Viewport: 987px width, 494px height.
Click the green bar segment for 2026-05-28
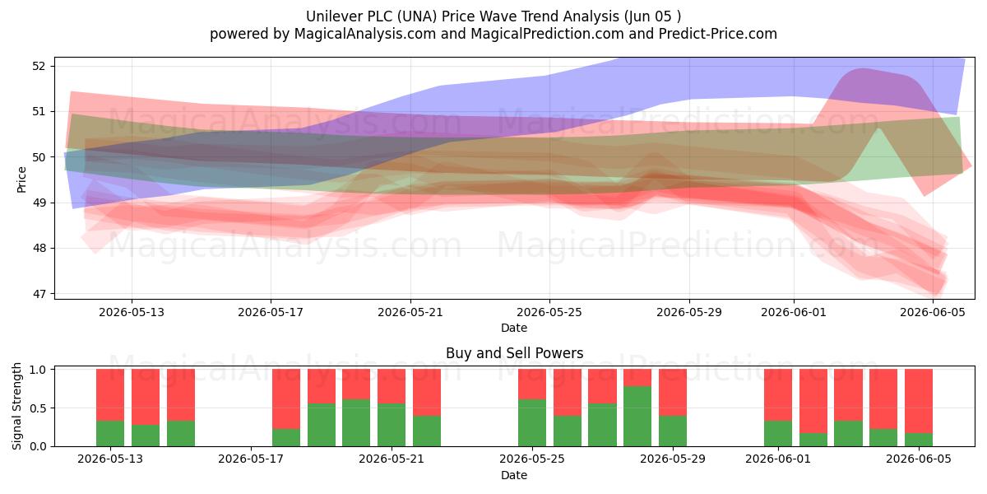point(637,417)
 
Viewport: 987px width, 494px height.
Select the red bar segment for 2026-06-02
point(813,401)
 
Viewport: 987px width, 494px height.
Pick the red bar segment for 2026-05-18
point(286,399)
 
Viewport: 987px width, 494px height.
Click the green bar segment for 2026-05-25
point(532,423)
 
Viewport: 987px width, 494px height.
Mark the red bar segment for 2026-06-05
point(918,401)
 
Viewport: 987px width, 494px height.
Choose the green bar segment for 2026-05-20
point(356,423)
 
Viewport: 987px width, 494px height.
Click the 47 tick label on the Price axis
point(39,294)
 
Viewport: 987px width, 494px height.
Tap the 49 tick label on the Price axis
point(39,203)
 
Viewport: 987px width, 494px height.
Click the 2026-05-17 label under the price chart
point(271,312)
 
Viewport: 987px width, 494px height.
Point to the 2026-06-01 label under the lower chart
point(778,459)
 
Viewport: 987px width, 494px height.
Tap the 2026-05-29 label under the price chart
point(689,312)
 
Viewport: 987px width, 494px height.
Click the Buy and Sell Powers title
point(514,353)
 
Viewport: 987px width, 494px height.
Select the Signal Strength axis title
point(16,406)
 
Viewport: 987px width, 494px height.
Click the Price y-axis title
point(21,179)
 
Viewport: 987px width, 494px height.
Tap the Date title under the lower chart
point(514,475)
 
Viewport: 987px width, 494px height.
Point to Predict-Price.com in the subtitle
point(718,34)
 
